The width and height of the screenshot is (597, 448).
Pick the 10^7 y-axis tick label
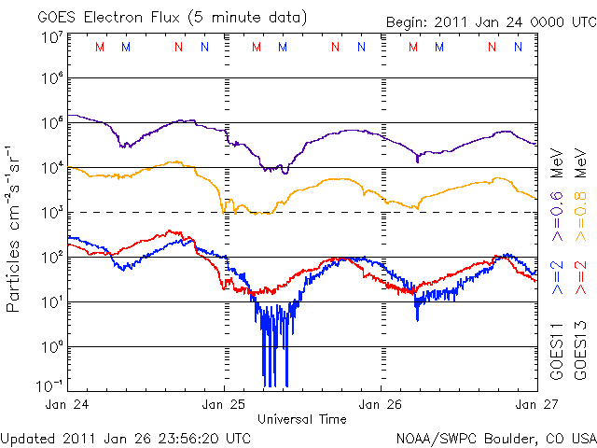tap(51, 37)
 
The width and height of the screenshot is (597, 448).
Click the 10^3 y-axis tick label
tap(51, 213)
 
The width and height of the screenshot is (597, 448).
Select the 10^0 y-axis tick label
tap(51, 346)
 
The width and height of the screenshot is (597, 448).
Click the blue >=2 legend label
tap(558, 277)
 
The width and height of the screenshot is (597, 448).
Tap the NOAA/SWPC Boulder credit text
tap(495, 437)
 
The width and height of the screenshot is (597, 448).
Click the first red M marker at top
tap(100, 47)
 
